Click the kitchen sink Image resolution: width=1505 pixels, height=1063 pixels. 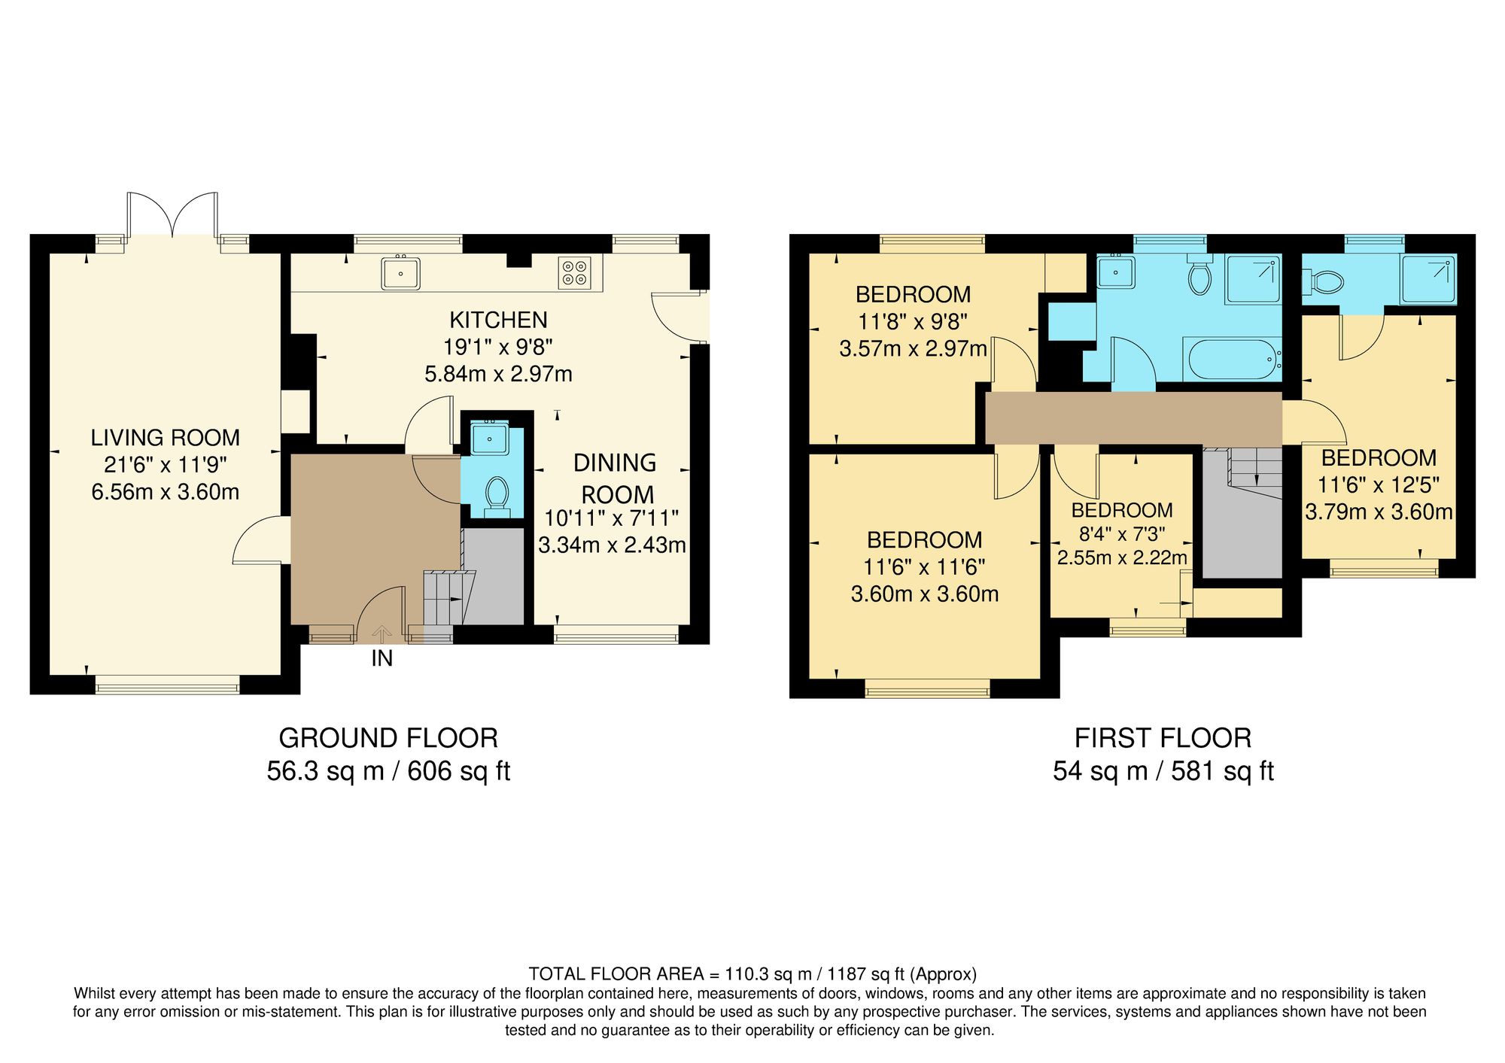[x=400, y=273]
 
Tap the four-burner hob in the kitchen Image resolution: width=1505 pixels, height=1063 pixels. [x=575, y=273]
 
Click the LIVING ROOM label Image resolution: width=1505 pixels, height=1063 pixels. [x=166, y=438]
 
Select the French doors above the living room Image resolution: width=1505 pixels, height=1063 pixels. [x=173, y=216]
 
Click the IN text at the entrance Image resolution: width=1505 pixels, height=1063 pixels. [x=382, y=659]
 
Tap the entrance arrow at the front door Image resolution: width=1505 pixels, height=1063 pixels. [x=382, y=633]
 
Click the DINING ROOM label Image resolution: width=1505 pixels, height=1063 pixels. [x=615, y=478]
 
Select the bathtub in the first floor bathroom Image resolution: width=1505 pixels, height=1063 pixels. [x=1232, y=360]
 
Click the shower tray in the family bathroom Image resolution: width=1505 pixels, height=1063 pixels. [x=1253, y=279]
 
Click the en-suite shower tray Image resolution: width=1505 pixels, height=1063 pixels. [x=1427, y=279]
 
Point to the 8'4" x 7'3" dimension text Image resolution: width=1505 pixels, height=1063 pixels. [x=1122, y=534]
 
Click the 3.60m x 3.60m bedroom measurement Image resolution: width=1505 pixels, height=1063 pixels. [x=925, y=594]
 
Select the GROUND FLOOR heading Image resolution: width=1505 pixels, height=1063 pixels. [x=388, y=738]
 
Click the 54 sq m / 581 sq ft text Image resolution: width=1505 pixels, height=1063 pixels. [x=1163, y=771]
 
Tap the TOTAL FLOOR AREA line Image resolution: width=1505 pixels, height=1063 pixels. [x=752, y=974]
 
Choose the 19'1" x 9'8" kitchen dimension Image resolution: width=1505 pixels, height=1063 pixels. [x=498, y=347]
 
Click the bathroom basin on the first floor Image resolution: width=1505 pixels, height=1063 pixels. [x=1116, y=272]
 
